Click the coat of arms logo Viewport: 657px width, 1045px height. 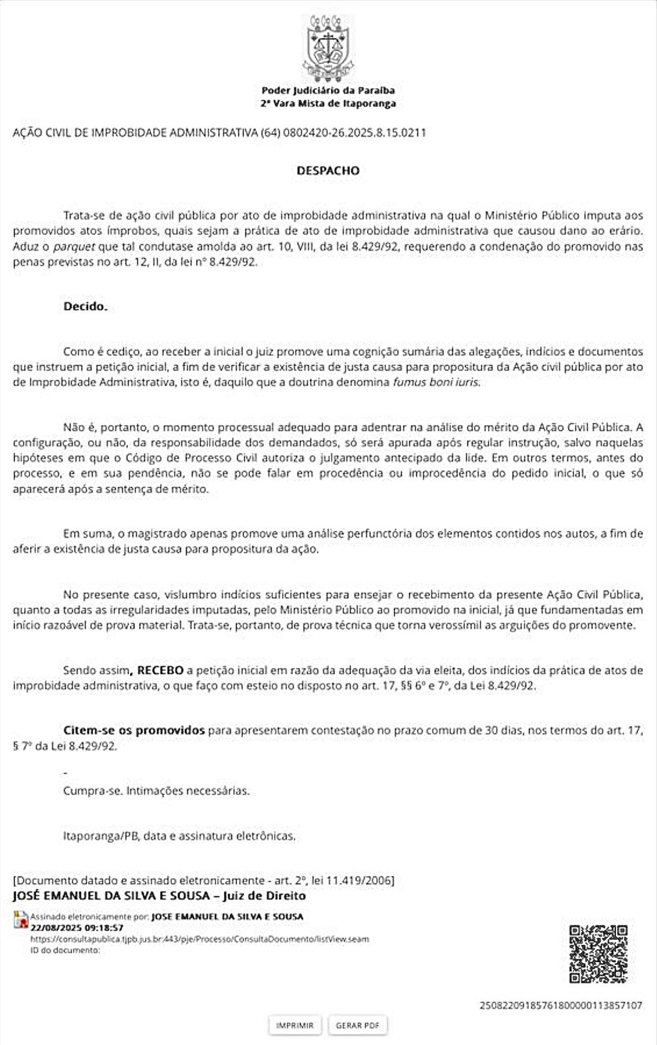(x=328, y=47)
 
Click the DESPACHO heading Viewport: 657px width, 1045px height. (x=328, y=170)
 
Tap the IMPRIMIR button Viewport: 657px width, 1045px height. (x=295, y=1025)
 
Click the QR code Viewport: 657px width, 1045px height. (x=598, y=954)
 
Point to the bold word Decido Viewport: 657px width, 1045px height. (x=85, y=306)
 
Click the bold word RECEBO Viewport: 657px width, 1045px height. (x=160, y=670)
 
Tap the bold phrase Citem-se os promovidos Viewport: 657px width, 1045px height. (x=134, y=730)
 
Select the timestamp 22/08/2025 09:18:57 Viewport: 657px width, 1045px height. (x=76, y=927)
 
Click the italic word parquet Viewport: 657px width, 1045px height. (x=74, y=247)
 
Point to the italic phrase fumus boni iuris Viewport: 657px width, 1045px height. (x=436, y=382)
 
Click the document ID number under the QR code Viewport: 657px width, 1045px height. (x=560, y=1005)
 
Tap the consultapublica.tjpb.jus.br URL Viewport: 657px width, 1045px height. (x=199, y=939)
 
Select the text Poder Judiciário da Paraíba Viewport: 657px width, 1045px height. (x=328, y=91)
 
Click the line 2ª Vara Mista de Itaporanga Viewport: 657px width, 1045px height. (x=328, y=104)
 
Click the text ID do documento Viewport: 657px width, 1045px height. (x=65, y=950)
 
